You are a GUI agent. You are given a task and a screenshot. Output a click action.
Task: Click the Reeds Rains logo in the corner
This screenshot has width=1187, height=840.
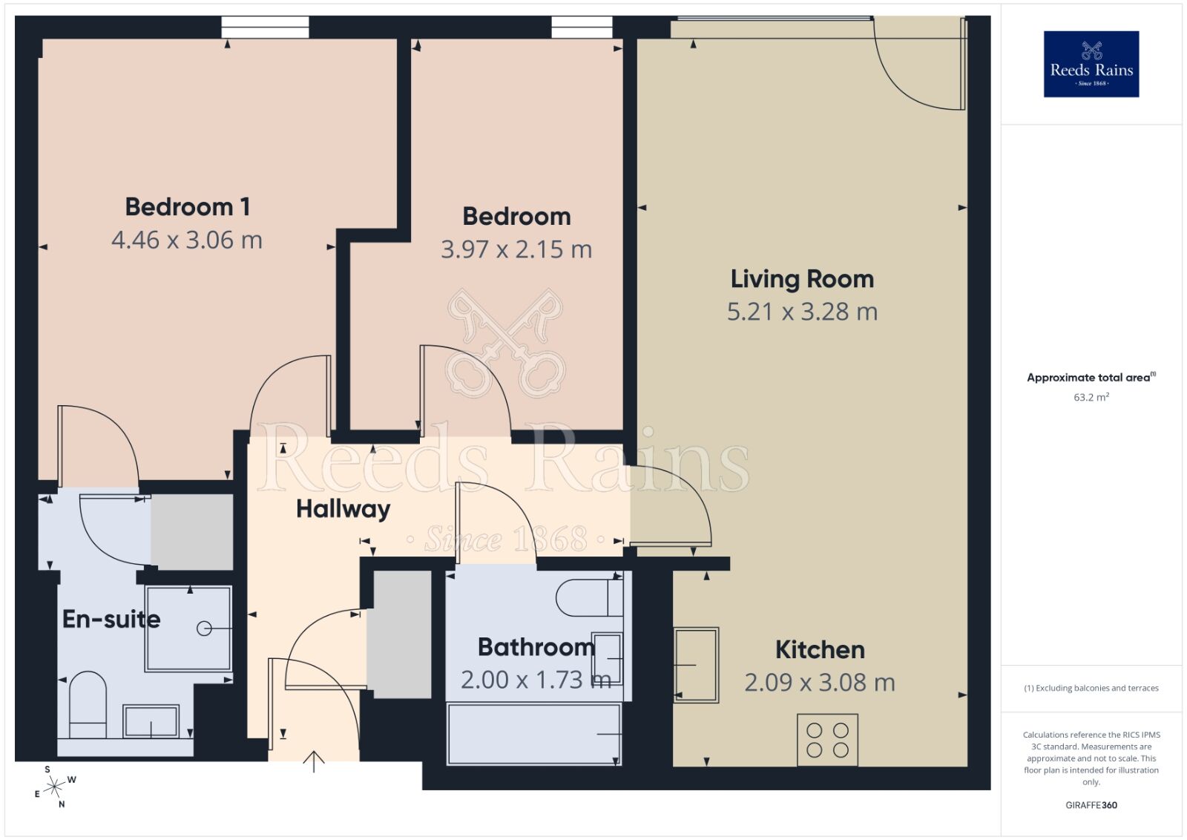coord(1091,64)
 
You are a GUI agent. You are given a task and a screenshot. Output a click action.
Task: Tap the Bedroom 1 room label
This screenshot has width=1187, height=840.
coord(187,206)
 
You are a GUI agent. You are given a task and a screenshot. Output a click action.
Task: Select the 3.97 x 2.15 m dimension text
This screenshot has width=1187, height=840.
coord(516,249)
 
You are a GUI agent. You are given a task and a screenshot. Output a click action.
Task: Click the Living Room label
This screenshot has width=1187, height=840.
coord(802,279)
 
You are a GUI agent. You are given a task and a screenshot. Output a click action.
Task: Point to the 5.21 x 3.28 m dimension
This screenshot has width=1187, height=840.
coord(802,312)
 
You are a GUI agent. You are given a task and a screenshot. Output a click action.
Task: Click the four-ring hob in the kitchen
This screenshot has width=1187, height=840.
coord(827,740)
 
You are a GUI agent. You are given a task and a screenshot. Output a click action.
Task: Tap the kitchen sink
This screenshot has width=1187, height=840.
coord(696,665)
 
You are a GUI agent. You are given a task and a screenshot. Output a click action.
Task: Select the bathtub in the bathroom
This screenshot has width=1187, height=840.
coord(534,734)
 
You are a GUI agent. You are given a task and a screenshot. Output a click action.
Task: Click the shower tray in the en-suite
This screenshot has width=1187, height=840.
coord(188,629)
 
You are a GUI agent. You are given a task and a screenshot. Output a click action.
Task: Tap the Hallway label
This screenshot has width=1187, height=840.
coord(343,509)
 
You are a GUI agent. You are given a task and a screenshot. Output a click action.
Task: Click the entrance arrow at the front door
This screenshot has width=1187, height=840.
coord(314,761)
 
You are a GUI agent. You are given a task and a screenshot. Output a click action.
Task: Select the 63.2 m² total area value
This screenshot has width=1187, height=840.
coord(1091,397)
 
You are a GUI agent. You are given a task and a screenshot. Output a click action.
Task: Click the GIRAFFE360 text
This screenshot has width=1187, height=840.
coord(1091,805)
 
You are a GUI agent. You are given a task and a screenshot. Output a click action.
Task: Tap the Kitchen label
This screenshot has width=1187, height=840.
coord(820,650)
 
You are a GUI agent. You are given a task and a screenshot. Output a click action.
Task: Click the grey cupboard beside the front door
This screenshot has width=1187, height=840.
coord(401,634)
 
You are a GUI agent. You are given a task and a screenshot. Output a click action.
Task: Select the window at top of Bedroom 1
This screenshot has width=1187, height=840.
coord(265,27)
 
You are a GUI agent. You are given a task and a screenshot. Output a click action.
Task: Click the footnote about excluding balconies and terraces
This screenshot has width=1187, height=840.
coord(1091,688)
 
